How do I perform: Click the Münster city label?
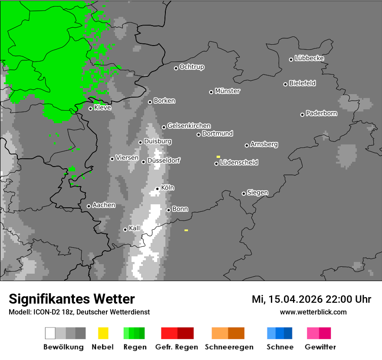coord(227,91)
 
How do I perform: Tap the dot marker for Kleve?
coord(90,108)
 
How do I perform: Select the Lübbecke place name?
coord(309,58)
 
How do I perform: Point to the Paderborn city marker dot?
coord(303,115)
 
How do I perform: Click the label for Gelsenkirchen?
coord(189,126)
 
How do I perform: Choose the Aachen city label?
coord(104,205)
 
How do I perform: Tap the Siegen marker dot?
coord(244,193)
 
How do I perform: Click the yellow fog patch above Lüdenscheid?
coord(218,157)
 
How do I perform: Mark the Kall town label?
coord(135,228)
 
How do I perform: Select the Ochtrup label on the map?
coord(192,67)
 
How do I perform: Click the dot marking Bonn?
coord(169,210)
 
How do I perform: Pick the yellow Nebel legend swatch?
coord(103,333)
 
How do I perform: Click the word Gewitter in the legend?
coord(320,347)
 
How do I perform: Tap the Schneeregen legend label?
coord(229,347)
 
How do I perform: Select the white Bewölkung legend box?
coord(50,333)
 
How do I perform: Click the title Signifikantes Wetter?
coord(72,299)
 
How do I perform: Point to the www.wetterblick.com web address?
coord(313,312)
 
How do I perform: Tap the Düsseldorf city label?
coord(164,160)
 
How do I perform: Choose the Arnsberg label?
coord(264,144)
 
